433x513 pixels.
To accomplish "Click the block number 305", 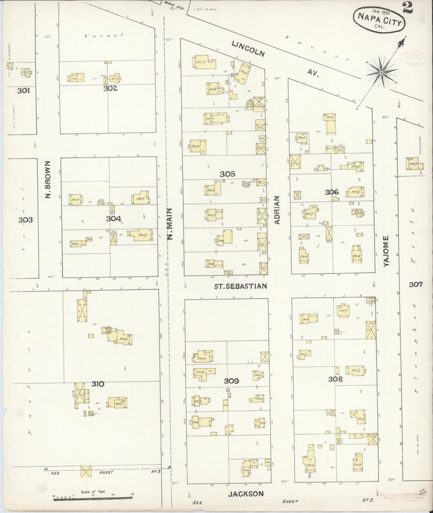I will point(227,174).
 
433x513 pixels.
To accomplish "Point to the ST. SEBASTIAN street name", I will point(240,286).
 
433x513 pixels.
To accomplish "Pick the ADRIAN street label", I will point(277,210).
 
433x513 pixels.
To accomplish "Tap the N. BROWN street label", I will point(48,179).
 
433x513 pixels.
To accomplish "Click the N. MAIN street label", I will point(170,224).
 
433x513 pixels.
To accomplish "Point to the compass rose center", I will point(381,73).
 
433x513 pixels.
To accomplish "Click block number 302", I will point(110,88).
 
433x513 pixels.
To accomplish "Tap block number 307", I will point(416,284).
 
